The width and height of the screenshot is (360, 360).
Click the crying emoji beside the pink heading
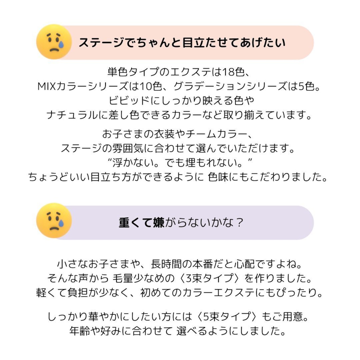(54, 42)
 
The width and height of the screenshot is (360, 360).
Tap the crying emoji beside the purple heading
(54, 221)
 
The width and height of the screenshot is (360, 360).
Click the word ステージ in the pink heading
(101, 43)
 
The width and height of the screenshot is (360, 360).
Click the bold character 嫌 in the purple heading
(159, 223)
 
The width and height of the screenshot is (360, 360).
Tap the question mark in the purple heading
(239, 223)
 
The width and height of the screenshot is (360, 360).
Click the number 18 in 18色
(228, 72)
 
